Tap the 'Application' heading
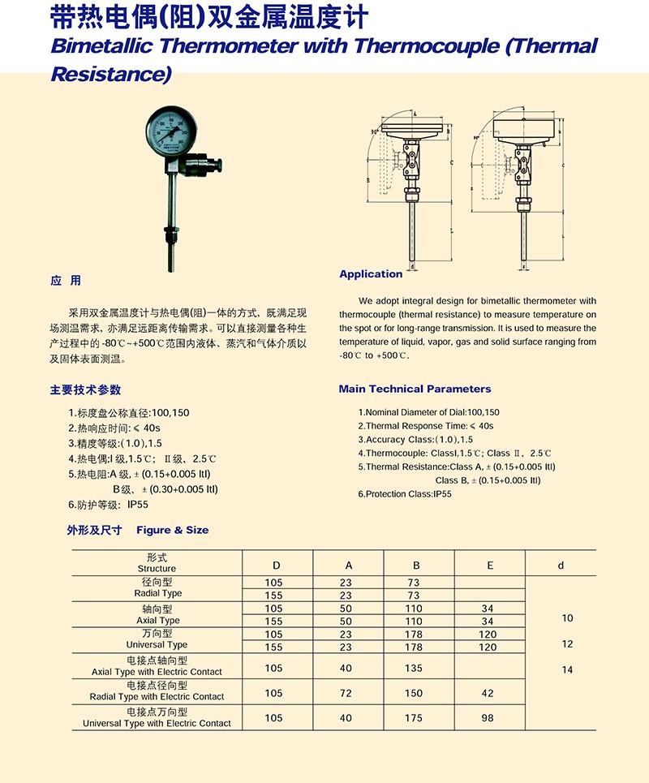[x=371, y=274]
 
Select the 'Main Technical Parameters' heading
[x=415, y=389]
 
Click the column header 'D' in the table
[x=274, y=566]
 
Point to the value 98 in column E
[x=488, y=718]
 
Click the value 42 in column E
[x=488, y=694]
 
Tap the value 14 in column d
[x=566, y=669]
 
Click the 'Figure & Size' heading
[x=172, y=530]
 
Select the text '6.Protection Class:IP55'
[x=405, y=494]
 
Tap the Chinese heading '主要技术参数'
[x=85, y=389]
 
